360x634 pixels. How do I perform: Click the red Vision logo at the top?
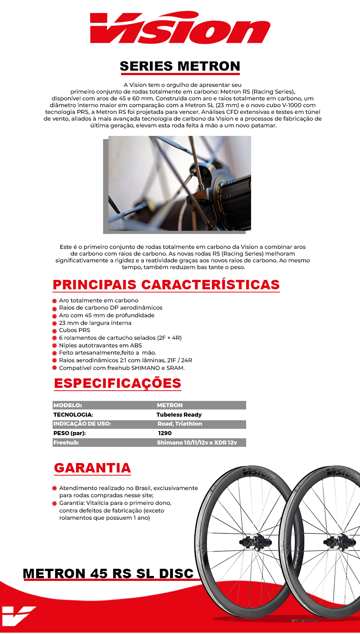pyautogui.click(x=180, y=28)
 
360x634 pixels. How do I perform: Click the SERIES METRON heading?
pyautogui.click(x=180, y=67)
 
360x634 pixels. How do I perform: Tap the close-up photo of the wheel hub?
pyautogui.click(x=180, y=183)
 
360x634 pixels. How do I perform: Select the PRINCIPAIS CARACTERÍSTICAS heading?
pyautogui.click(x=166, y=285)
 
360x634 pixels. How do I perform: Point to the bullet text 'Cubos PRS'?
pyautogui.click(x=74, y=330)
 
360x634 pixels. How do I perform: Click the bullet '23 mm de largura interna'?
pyautogui.click(x=95, y=323)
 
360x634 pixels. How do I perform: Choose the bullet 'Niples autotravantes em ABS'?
pyautogui.click(x=100, y=345)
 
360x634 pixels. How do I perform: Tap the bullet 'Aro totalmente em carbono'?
pyautogui.click(x=99, y=301)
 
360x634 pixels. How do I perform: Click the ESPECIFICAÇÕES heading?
pyautogui.click(x=117, y=383)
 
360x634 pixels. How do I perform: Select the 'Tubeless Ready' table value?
pyautogui.click(x=179, y=415)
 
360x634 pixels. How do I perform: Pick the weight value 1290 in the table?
pyautogui.click(x=165, y=433)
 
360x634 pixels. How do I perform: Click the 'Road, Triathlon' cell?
pyautogui.click(x=180, y=424)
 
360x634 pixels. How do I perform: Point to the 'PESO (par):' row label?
pyautogui.click(x=69, y=433)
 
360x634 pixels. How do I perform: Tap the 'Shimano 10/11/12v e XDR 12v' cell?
pyautogui.click(x=197, y=443)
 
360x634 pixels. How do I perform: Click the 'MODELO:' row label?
pyautogui.click(x=67, y=405)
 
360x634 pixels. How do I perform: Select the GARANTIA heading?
pyautogui.click(x=92, y=468)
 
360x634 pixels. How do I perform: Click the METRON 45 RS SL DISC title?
pyautogui.click(x=108, y=574)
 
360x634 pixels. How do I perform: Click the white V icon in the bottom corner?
pyautogui.click(x=18, y=616)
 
